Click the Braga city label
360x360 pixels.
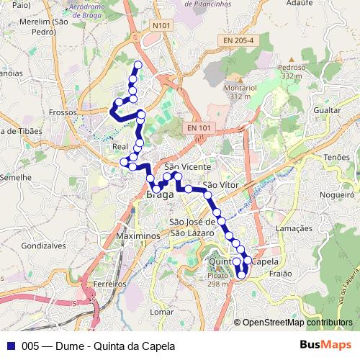click(x=160, y=195)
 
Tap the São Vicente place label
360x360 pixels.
click(x=187, y=166)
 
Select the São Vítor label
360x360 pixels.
click(x=220, y=185)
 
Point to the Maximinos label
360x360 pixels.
click(x=136, y=236)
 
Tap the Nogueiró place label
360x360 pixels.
click(x=338, y=194)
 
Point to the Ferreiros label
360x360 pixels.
click(x=109, y=284)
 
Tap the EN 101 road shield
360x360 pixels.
click(x=199, y=128)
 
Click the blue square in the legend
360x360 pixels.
click(x=10, y=345)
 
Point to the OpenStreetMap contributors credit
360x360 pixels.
click(x=297, y=323)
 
